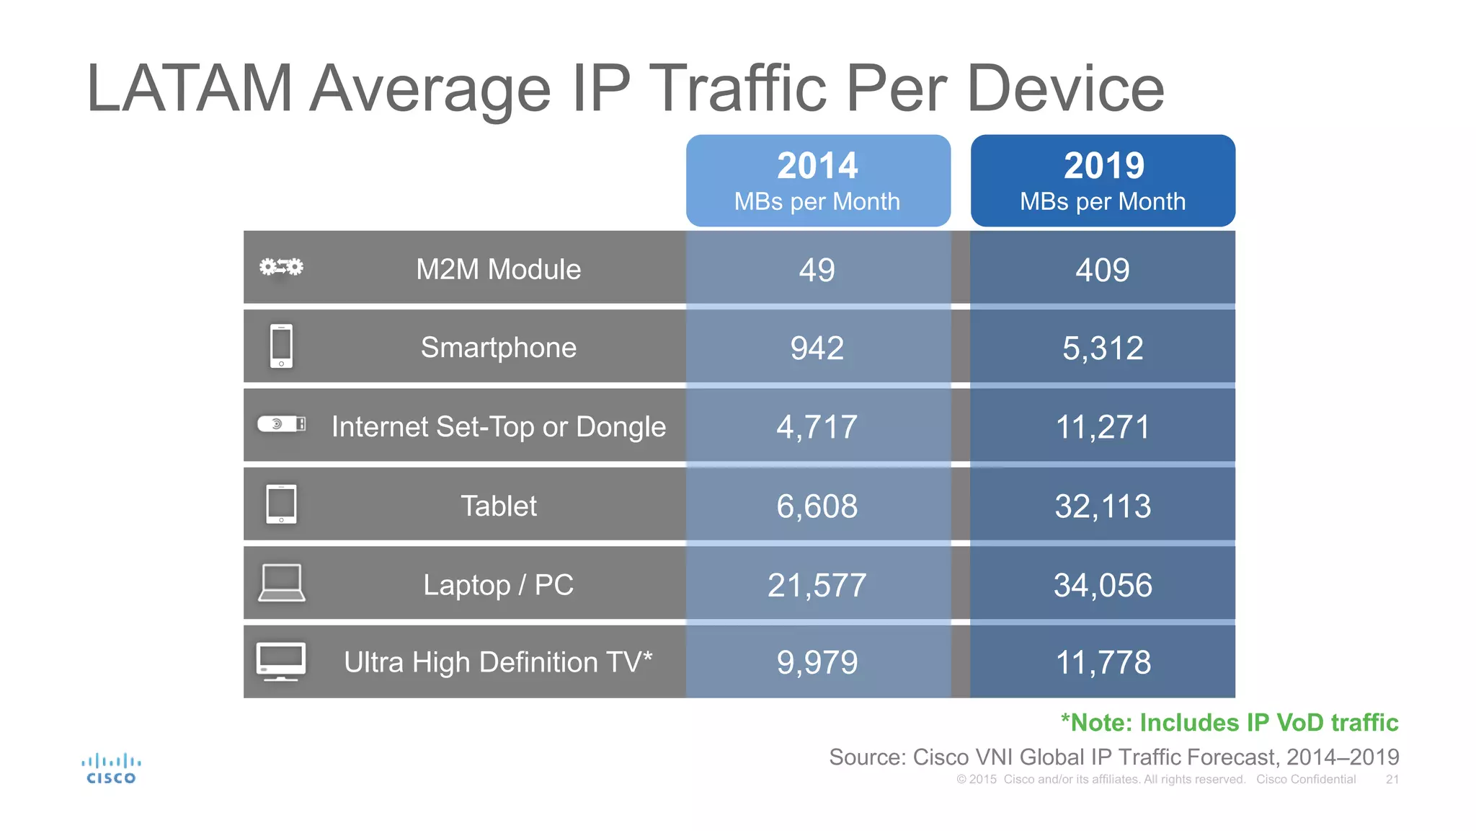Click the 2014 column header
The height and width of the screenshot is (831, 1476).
point(817,180)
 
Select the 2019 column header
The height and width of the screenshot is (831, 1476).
point(1103,180)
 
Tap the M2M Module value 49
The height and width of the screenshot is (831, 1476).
point(817,270)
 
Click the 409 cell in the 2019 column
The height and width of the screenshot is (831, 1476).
point(1102,270)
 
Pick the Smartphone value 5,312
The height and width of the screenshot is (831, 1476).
point(1102,348)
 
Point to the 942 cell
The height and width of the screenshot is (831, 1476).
point(817,348)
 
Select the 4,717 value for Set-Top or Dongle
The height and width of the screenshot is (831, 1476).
point(817,427)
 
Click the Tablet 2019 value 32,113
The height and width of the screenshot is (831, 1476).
point(1102,506)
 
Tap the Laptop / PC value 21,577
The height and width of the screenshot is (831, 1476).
point(817,585)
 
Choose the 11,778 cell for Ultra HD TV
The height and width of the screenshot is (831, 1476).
point(1102,662)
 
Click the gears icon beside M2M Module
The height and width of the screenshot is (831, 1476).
point(281,268)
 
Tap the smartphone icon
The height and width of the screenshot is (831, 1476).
point(281,346)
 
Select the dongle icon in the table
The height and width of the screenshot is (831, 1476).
point(281,424)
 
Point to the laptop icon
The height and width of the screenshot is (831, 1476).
point(281,583)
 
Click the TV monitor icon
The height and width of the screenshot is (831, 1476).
point(281,661)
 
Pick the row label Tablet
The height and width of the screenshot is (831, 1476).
point(498,506)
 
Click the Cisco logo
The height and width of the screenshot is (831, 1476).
point(111,769)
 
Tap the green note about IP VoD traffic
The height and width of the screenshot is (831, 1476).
point(1229,723)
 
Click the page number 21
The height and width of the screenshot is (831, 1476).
point(1392,780)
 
